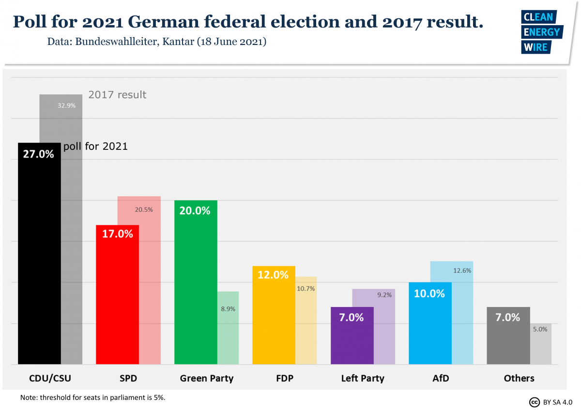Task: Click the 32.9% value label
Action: coord(66,105)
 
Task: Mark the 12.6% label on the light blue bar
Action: coord(462,271)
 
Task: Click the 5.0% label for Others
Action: coord(540,329)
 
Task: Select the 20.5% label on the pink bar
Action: coord(144,210)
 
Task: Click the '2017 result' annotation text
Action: coord(117,95)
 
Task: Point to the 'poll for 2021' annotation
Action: coord(95,146)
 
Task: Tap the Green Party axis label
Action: coord(206,378)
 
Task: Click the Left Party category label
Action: coord(362,378)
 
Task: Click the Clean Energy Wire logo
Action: coord(541,32)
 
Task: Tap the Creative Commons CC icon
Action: coord(534,402)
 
